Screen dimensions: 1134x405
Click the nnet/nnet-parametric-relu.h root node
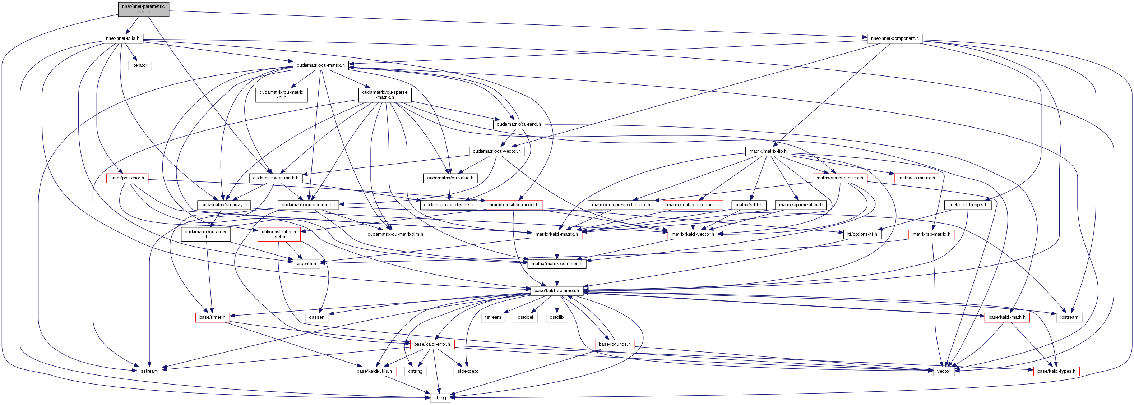tap(144, 9)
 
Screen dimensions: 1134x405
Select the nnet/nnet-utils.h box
tap(122, 38)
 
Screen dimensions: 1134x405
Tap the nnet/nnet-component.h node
tap(895, 38)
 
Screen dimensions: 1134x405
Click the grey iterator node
tap(139, 65)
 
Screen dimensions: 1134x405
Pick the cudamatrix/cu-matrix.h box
tap(320, 65)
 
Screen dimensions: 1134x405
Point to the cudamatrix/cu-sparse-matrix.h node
tap(385, 95)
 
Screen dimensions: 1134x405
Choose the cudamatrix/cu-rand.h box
tap(519, 124)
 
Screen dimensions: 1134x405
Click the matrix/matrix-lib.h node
tap(768, 151)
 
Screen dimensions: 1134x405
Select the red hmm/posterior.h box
tap(127, 178)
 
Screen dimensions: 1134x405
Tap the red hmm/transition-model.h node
tap(514, 205)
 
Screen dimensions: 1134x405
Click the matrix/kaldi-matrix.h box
tap(557, 234)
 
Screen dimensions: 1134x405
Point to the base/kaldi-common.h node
tap(556, 290)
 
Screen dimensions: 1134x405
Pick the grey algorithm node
tap(306, 264)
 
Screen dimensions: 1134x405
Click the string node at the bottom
tap(440, 397)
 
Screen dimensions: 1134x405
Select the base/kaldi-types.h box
tap(1056, 371)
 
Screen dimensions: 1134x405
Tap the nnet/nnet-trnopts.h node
tap(968, 205)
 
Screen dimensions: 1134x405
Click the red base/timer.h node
tap(212, 317)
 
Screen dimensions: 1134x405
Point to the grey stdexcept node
tap(468, 371)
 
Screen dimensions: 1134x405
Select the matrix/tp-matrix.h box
tap(917, 178)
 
